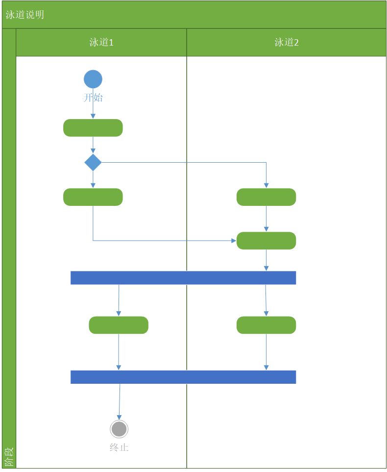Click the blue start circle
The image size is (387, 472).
pyautogui.click(x=93, y=79)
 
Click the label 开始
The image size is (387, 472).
pyautogui.click(x=93, y=98)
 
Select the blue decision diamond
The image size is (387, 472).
pyautogui.click(x=93, y=162)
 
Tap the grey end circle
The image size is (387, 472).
pyautogui.click(x=119, y=429)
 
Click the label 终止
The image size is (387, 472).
pyautogui.click(x=119, y=447)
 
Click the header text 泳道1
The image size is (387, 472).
pyautogui.click(x=101, y=42)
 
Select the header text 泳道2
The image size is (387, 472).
pyautogui.click(x=287, y=42)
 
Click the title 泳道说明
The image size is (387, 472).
pyautogui.click(x=25, y=15)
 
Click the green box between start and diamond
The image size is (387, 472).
pyautogui.click(x=93, y=128)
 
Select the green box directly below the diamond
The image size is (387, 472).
pyautogui.click(x=93, y=197)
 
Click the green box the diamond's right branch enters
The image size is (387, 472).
pyautogui.click(x=266, y=197)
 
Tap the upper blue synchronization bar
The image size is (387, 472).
pyautogui.click(x=183, y=277)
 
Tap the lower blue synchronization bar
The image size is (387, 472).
pyautogui.click(x=183, y=377)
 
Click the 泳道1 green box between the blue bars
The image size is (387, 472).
pyautogui.click(x=119, y=325)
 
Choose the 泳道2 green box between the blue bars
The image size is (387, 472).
pyautogui.click(x=266, y=325)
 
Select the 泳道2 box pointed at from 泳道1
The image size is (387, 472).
pyautogui.click(x=266, y=241)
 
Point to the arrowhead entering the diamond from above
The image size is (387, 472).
pyautogui.click(x=93, y=151)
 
